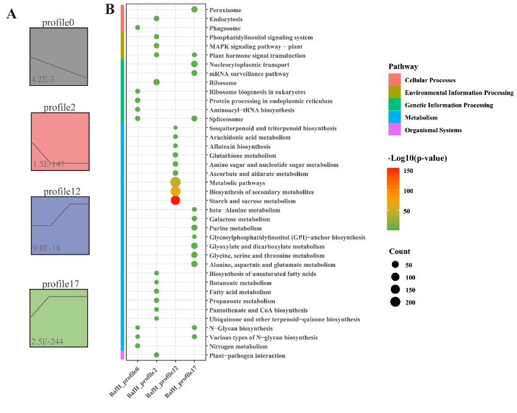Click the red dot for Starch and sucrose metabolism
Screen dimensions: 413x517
(x=176, y=200)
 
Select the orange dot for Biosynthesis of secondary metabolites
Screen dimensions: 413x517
(x=176, y=191)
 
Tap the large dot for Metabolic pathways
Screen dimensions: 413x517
(x=176, y=182)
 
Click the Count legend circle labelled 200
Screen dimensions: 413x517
(x=396, y=302)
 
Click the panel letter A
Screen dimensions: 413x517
(x=12, y=15)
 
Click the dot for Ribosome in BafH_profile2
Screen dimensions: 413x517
(x=157, y=82)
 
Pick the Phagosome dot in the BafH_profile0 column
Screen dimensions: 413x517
(x=138, y=27)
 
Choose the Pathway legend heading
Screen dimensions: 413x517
(x=402, y=66)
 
